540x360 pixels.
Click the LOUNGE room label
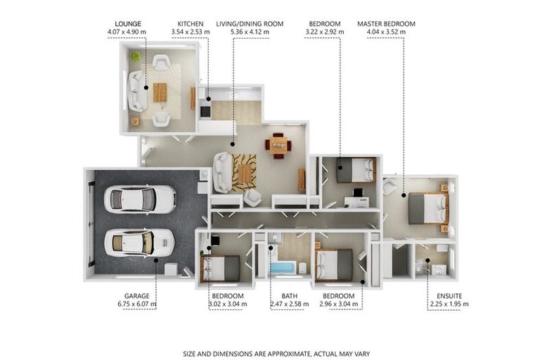(x=128, y=24)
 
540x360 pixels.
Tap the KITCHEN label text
(x=191, y=24)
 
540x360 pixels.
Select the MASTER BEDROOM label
(x=386, y=24)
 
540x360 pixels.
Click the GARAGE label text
(x=136, y=296)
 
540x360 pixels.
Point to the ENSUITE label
(x=449, y=296)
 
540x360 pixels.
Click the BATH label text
(x=289, y=296)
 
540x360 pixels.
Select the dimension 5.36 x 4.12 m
(x=250, y=32)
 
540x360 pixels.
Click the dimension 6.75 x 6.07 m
(x=136, y=304)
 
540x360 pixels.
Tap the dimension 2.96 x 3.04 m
(x=338, y=304)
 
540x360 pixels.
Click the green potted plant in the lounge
(x=135, y=56)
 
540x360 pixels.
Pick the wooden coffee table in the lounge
(x=160, y=92)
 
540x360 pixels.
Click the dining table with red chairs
(x=278, y=146)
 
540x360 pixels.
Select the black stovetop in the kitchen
(x=205, y=111)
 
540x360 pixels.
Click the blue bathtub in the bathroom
(x=283, y=269)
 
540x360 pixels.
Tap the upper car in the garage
(x=140, y=199)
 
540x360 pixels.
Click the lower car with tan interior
(x=139, y=243)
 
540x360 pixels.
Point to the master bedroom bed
(x=428, y=208)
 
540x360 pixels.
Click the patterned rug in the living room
(x=244, y=172)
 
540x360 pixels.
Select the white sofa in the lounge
(x=137, y=91)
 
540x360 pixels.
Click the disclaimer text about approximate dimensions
(x=276, y=354)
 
